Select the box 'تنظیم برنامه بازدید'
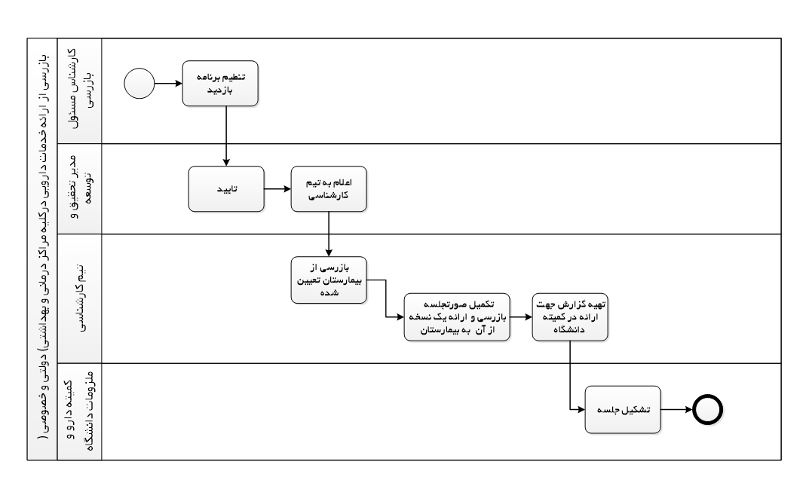[x=220, y=84]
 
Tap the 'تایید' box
[x=226, y=189]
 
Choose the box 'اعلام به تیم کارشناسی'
[x=329, y=189]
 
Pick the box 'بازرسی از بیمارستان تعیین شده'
[x=329, y=280]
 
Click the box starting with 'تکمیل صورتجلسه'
[x=457, y=317]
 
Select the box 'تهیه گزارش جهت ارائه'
[x=570, y=317]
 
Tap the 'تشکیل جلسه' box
[x=623, y=410]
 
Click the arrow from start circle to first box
[x=168, y=84]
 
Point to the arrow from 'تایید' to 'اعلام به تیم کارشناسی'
[x=277, y=189]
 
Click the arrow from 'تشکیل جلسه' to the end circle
[x=676, y=410]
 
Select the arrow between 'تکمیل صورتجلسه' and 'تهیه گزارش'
[x=521, y=317]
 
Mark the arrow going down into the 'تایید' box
[x=226, y=136]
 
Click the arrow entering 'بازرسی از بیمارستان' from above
[x=329, y=234]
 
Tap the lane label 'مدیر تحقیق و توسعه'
[x=79, y=188]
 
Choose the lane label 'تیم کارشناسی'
[x=80, y=298]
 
